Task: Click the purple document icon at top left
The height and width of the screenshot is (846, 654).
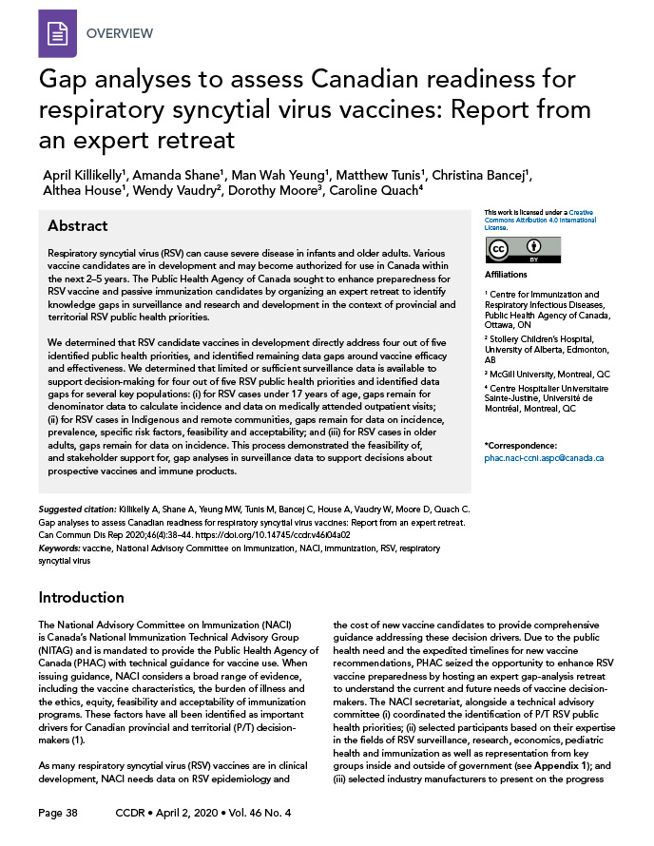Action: click(56, 33)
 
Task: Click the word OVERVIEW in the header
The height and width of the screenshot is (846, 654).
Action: click(120, 34)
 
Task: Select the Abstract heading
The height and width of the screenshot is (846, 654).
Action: click(78, 226)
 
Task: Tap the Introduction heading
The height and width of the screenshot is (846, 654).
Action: click(82, 597)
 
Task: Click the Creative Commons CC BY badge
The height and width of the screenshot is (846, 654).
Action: click(523, 250)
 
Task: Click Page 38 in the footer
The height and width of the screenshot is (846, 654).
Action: click(58, 814)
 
